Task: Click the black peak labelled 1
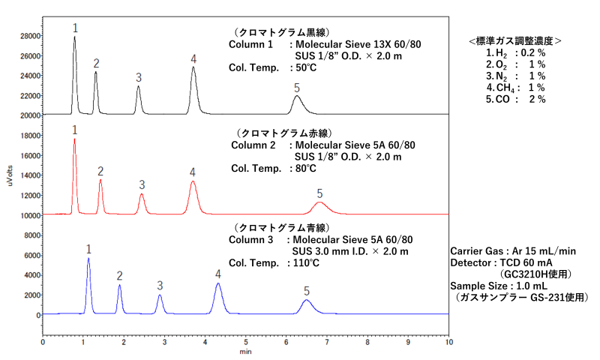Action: [x=74, y=39]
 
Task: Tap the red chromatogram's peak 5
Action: [x=320, y=203]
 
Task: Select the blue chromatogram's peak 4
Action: [x=218, y=285]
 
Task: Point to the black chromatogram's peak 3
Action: [x=139, y=88]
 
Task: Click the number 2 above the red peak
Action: [x=100, y=172]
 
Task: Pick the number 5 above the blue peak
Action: [x=306, y=290]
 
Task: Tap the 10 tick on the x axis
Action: [x=448, y=342]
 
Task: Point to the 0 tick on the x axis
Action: [x=43, y=342]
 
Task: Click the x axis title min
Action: [x=245, y=351]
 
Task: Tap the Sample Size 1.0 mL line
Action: [x=496, y=286]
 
